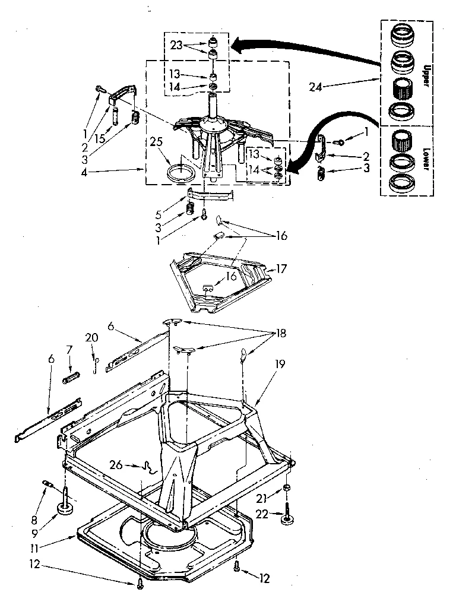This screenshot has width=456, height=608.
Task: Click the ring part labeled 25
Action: (180, 174)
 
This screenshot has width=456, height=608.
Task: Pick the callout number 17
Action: (281, 268)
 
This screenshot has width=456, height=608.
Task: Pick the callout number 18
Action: (279, 334)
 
